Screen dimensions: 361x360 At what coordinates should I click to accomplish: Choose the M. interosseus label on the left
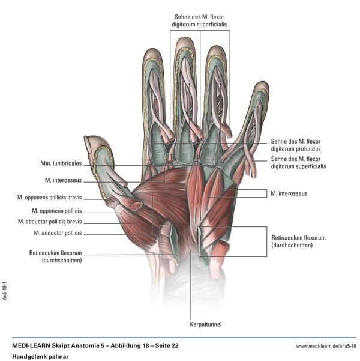coord(63,180)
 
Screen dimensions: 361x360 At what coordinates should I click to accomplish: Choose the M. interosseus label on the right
coord(289,193)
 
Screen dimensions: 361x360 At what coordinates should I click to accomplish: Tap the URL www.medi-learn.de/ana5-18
coord(326,347)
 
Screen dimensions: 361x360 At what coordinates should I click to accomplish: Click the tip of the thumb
coord(89,142)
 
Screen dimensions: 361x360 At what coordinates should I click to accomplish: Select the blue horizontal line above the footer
coord(180,338)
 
